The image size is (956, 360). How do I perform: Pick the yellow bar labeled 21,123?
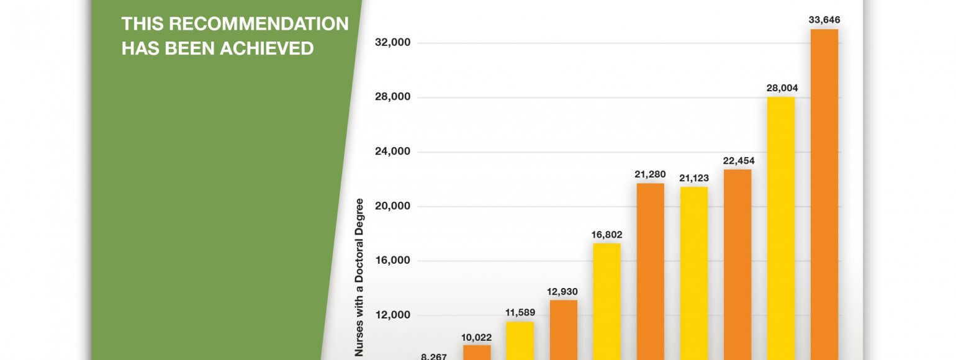pos(693,273)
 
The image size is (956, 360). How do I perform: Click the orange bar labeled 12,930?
pos(563,329)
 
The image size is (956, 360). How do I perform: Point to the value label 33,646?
pos(824,20)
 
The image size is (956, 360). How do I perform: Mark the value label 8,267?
pos(434,357)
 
